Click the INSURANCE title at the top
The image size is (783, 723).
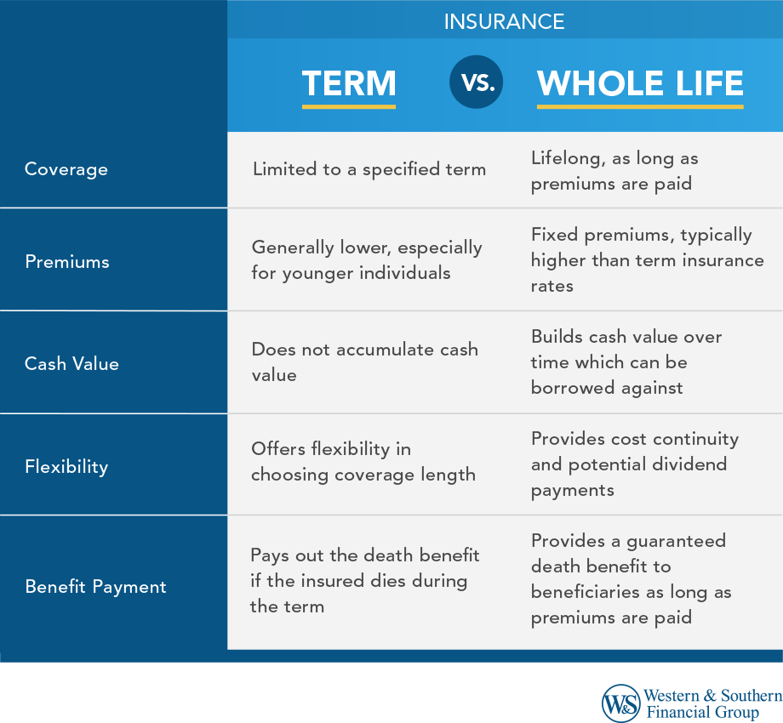coord(504,21)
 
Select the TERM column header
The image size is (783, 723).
coord(349,83)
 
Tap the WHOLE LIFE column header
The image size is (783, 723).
coord(640,83)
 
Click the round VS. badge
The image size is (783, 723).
coord(477,83)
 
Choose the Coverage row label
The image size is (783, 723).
coord(66,169)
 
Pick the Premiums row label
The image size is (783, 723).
coord(67,261)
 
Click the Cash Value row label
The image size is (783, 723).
coord(71,364)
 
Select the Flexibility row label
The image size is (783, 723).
coord(66,466)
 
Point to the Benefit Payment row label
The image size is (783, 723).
coord(95,587)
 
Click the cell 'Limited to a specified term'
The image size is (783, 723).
coord(369,169)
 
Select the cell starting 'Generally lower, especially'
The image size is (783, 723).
coord(367,260)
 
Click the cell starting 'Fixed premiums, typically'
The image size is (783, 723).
coord(647,260)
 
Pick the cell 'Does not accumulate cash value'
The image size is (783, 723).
coord(364,362)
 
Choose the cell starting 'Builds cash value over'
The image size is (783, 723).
coord(626,362)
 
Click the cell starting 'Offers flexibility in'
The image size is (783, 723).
coord(363,462)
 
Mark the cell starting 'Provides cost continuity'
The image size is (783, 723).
coord(634,464)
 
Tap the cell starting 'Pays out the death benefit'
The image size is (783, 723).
coord(364,581)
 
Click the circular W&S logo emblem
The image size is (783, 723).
coord(620,703)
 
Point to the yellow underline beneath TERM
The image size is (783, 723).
coord(349,107)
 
